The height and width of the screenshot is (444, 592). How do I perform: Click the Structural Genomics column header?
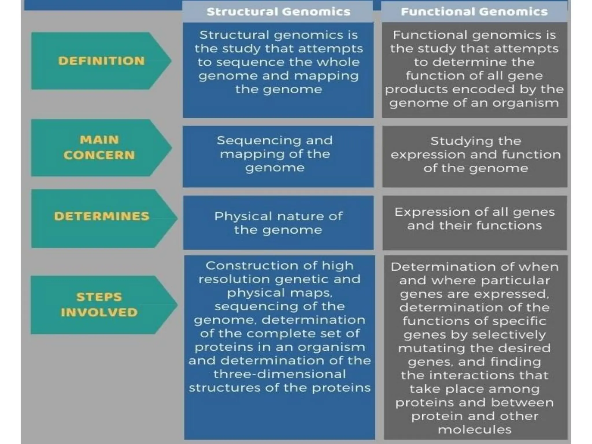(x=278, y=12)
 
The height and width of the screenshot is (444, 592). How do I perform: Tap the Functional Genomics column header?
(x=474, y=12)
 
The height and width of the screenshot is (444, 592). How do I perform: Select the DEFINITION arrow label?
(x=101, y=61)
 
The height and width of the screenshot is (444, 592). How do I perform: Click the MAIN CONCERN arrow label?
(x=99, y=147)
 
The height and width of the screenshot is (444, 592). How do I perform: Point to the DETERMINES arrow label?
(x=102, y=216)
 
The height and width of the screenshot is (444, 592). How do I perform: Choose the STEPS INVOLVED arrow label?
(x=99, y=305)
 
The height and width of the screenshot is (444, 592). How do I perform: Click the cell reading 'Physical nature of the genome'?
(x=278, y=223)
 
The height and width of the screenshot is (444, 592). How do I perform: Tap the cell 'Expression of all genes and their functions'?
(x=475, y=219)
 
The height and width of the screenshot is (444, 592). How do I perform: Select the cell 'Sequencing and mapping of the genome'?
(x=275, y=154)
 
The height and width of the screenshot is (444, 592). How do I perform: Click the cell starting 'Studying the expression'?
(x=476, y=155)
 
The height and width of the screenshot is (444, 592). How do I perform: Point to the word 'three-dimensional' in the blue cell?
(x=279, y=374)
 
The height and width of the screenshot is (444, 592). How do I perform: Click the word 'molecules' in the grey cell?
(x=474, y=430)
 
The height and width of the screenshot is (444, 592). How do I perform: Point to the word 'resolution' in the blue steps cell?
(x=234, y=279)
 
